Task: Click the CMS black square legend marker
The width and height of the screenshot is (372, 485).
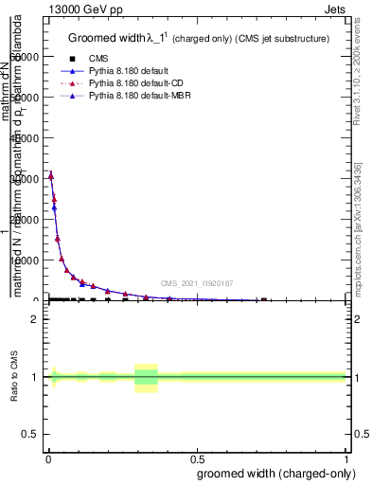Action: point(72,58)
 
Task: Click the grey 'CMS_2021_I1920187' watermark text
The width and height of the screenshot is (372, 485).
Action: point(196,282)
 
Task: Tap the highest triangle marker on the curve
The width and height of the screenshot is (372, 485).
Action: point(50,175)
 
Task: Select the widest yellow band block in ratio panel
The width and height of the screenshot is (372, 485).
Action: point(146,377)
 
